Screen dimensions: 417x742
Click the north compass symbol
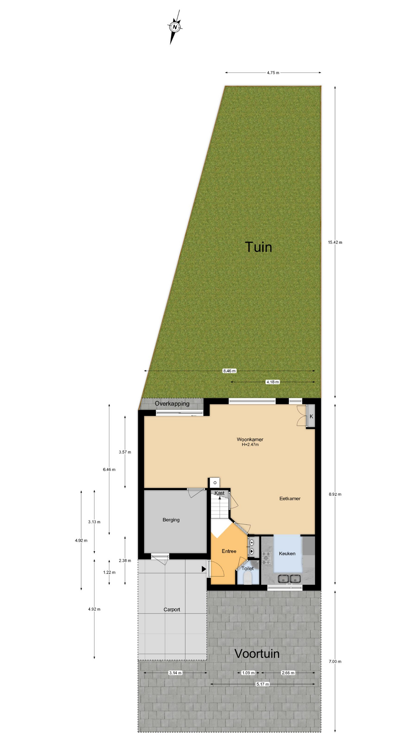[x=175, y=27]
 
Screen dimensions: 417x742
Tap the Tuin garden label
[x=258, y=247]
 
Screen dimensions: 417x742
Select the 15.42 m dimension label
[x=335, y=242]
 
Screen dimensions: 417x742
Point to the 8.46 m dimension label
[x=229, y=371]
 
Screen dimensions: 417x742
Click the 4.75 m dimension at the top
[x=273, y=73]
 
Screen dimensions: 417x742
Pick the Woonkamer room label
[x=250, y=439]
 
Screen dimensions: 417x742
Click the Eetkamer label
[x=290, y=499]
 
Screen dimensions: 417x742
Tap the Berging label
[x=171, y=520]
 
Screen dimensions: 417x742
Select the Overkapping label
[x=172, y=403]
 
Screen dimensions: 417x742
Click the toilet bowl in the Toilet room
[x=247, y=578]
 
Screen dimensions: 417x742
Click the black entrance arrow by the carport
[x=203, y=569]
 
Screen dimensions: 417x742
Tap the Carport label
[x=172, y=609]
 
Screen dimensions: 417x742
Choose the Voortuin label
[x=257, y=654]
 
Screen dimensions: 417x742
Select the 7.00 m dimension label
[x=335, y=661]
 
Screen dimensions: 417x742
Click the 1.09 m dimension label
[x=248, y=673]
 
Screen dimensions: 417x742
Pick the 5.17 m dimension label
[x=263, y=684]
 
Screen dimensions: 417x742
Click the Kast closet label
[x=219, y=493]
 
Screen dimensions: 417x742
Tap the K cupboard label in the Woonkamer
[x=311, y=417]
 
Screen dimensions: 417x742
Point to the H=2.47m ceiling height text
[x=250, y=445]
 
